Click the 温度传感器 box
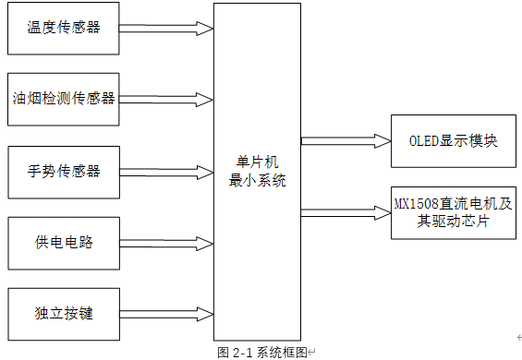pyautogui.click(x=63, y=28)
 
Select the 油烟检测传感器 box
pyautogui.click(x=63, y=99)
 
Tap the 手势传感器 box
pyautogui.click(x=63, y=171)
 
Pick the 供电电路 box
pyautogui.click(x=63, y=243)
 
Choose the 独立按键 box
pyautogui.click(x=63, y=314)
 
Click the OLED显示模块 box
pyautogui.click(x=453, y=141)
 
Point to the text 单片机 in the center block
pyautogui.click(x=257, y=164)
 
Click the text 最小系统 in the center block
pyautogui.click(x=257, y=181)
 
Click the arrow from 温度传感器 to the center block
pyautogui.click(x=166, y=29)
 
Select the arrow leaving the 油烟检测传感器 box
pyautogui.click(x=166, y=99)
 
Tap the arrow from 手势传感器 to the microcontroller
pyautogui.click(x=166, y=171)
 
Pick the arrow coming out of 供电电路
pyautogui.click(x=166, y=243)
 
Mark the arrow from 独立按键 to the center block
pyautogui.click(x=166, y=314)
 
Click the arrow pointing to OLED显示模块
pyautogui.click(x=346, y=141)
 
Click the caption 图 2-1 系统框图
pyautogui.click(x=263, y=353)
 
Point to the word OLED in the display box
pyautogui.click(x=424, y=141)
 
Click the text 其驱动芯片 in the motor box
pyautogui.click(x=453, y=222)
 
